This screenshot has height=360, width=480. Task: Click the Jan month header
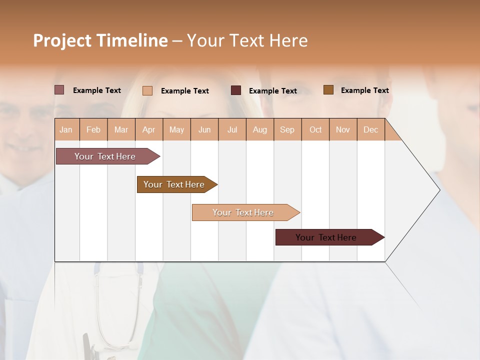click(x=66, y=129)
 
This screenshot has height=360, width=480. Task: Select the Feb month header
click(x=93, y=129)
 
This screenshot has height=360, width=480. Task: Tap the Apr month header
click(x=148, y=129)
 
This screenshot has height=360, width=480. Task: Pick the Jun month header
click(x=204, y=129)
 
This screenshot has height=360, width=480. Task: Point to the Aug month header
click(x=259, y=129)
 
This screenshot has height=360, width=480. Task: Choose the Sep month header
click(x=287, y=129)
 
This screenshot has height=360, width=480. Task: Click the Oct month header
click(x=315, y=129)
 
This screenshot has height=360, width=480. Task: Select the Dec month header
click(x=370, y=129)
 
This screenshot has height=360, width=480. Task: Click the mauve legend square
click(x=59, y=90)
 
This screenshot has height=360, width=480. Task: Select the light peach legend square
click(x=147, y=90)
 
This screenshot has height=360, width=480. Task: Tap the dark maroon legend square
click(x=235, y=90)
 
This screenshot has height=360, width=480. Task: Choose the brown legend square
click(x=328, y=90)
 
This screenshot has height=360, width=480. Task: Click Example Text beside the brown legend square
click(x=364, y=90)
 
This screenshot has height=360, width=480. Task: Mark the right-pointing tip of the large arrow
click(x=439, y=189)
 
